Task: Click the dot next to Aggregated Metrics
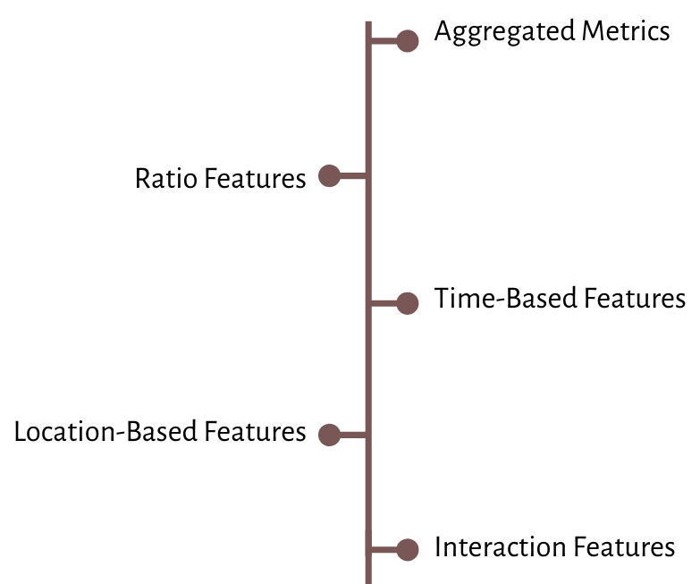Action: pos(408,41)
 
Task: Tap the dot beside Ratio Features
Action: pos(329,176)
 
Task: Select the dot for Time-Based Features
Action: pos(408,304)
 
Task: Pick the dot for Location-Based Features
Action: pos(329,436)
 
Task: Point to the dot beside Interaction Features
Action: pos(408,550)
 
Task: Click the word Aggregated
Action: pos(504,33)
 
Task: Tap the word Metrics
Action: pos(625,32)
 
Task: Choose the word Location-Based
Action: pos(106,433)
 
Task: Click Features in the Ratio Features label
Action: pos(255,178)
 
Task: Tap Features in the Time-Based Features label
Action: pos(635,299)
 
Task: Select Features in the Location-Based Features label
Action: pos(255,433)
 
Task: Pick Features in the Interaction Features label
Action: pos(624,546)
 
